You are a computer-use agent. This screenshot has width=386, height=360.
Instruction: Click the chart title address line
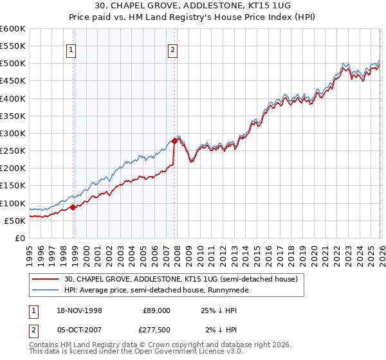point(192,6)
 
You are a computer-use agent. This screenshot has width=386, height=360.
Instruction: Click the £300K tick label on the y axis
point(13,133)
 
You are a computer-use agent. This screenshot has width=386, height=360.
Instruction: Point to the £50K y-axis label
point(15,221)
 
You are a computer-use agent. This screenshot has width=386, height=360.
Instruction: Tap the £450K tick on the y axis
point(13,81)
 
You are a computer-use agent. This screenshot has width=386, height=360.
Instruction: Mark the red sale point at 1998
point(73,207)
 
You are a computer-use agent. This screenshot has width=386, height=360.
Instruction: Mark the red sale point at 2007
point(174,141)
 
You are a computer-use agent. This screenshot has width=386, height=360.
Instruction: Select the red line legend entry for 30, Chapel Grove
point(180,279)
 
